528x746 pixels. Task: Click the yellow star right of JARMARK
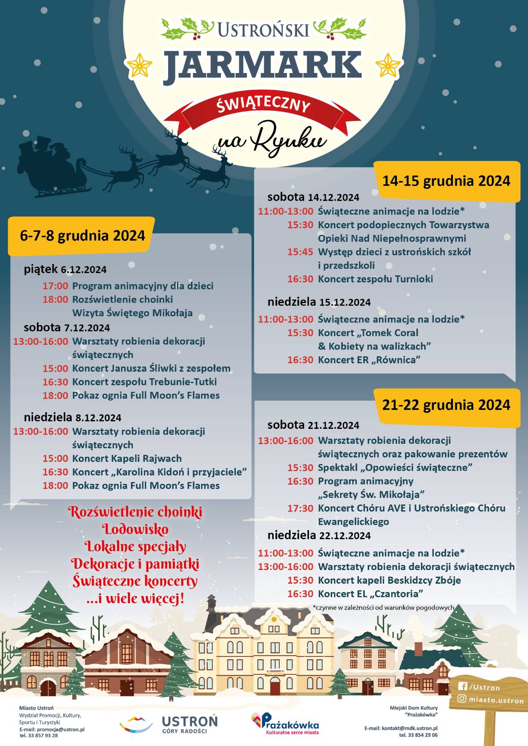[388, 66]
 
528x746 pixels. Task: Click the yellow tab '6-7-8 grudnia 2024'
[82, 236]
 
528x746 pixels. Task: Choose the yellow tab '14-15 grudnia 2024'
[446, 181]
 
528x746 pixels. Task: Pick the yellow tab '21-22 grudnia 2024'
[446, 405]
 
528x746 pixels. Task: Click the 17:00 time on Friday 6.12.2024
[55, 286]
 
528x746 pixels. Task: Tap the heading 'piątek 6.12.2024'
[65, 269]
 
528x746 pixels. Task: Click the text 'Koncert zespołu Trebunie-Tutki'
[144, 382]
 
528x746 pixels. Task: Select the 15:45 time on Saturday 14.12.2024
[300, 252]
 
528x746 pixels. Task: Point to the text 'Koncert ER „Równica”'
[369, 360]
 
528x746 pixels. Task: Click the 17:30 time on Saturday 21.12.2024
[300, 508]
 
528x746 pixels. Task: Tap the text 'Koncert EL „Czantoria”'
[370, 594]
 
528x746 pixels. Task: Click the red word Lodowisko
[135, 529]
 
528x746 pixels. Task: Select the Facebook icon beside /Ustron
[462, 686]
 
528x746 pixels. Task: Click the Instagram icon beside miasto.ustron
[462, 698]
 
